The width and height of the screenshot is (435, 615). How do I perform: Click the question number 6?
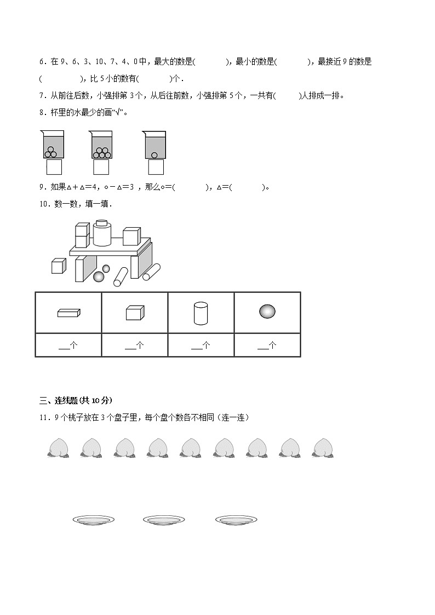(42, 62)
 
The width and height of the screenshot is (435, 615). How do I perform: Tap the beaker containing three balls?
(51, 145)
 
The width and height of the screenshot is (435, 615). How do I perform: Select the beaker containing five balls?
(101, 145)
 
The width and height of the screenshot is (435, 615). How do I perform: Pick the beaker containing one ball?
(155, 145)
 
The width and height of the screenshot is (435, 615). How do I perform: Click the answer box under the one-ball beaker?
(156, 166)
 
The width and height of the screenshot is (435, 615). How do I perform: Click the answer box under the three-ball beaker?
(54, 166)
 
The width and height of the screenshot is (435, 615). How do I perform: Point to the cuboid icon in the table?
(68, 313)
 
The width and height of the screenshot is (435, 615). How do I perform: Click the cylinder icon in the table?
(201, 313)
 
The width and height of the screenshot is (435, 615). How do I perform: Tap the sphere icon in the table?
(267, 312)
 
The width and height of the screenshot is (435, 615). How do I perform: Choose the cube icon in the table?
(135, 313)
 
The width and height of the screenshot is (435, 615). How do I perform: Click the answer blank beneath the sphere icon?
(267, 346)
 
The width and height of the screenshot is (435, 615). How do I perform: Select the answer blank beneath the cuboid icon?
(68, 346)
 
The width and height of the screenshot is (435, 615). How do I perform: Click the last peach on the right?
(323, 447)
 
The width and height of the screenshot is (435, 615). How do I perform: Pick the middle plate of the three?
(163, 520)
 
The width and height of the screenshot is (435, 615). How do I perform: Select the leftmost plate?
(93, 520)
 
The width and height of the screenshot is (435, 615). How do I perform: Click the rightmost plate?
(236, 520)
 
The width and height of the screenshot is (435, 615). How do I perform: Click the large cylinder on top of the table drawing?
(102, 233)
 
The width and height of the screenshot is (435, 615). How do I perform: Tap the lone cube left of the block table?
(59, 266)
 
